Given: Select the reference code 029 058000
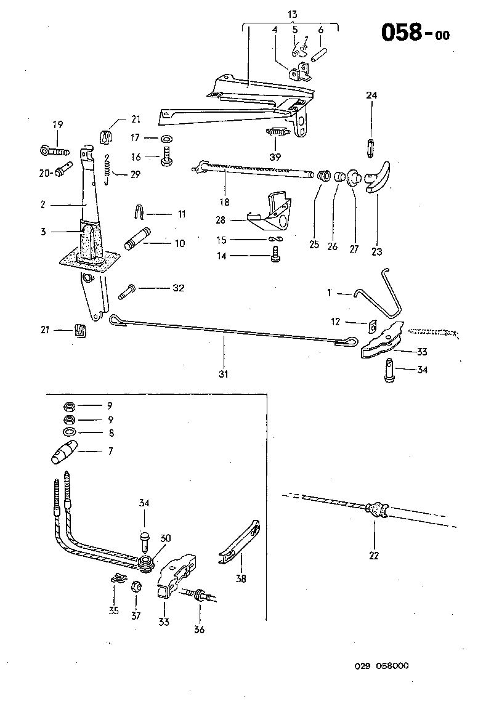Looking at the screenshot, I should [x=381, y=666].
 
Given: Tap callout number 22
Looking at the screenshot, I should [x=374, y=555].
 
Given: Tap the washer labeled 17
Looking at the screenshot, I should [x=168, y=137].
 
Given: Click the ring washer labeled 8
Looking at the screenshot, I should [x=70, y=432].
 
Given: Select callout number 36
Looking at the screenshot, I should [x=199, y=629].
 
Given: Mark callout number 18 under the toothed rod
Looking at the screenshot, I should [x=224, y=201].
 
